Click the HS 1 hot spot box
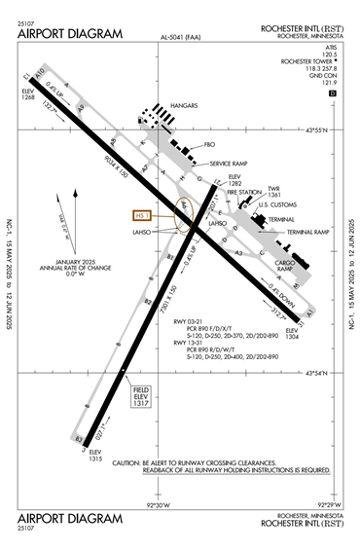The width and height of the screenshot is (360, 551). [143, 215]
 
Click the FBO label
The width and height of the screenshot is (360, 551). [208, 145]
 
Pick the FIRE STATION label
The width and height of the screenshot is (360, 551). [243, 193]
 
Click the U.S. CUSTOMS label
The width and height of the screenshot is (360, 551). [276, 205]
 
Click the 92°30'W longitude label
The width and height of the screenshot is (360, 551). [159, 505]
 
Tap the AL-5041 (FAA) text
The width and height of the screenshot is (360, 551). [180, 38]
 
